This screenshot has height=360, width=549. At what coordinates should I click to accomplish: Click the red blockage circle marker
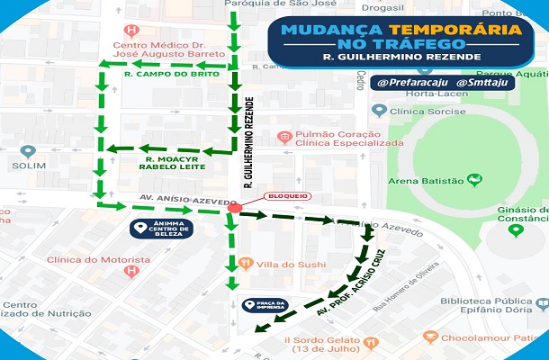pyautogui.click(x=235, y=209)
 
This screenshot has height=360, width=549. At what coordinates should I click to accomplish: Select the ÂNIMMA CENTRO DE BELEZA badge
pyautogui.click(x=171, y=229)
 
